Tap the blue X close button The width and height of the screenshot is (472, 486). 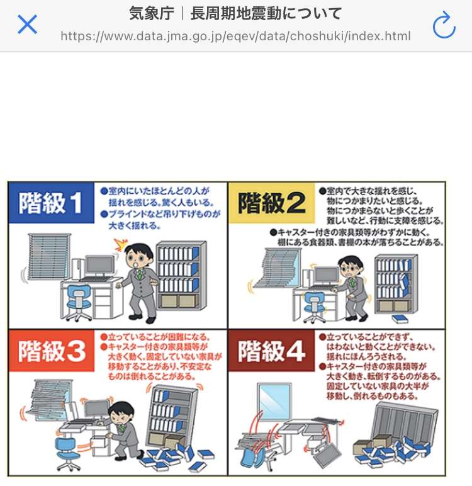(x=27, y=24)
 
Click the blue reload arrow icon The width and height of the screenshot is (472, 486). (x=444, y=25)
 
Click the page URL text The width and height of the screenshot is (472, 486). (x=235, y=37)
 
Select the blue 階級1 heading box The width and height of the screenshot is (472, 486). (x=52, y=203)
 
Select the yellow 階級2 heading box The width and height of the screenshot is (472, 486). (x=271, y=203)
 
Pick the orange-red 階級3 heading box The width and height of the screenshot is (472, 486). (x=52, y=351)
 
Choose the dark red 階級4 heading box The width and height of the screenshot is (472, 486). (x=271, y=351)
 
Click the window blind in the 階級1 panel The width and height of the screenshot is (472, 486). (x=48, y=256)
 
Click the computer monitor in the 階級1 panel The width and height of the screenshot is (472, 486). (x=100, y=266)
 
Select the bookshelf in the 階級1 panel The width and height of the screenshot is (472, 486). (x=182, y=275)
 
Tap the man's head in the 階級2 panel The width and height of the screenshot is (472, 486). (x=351, y=267)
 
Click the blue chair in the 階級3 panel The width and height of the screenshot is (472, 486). (x=66, y=453)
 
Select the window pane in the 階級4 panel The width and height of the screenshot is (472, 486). (x=274, y=402)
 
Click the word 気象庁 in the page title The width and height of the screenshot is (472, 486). (x=152, y=14)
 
